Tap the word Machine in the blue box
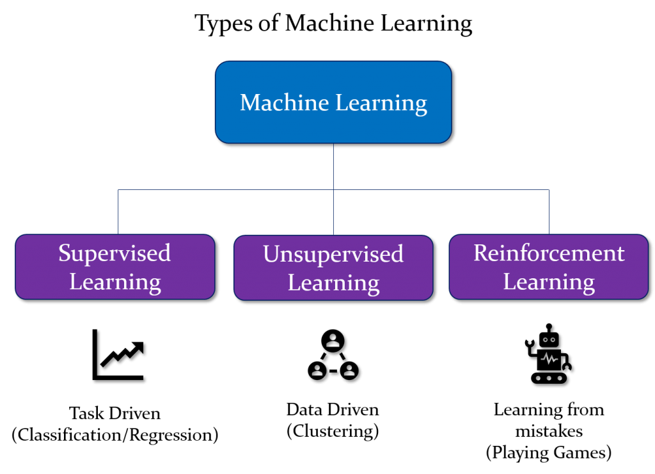[276, 102]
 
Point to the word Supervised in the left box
[114, 253]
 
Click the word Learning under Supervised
[115, 282]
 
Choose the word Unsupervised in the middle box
[333, 255]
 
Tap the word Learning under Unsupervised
[333, 283]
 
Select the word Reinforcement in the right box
[549, 253]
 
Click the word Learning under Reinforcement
[549, 282]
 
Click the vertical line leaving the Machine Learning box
[333, 166]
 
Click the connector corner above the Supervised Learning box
[118, 190]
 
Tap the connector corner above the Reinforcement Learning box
[549, 190]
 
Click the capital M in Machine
[249, 102]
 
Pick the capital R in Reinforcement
[480, 253]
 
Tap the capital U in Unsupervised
[271, 255]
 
